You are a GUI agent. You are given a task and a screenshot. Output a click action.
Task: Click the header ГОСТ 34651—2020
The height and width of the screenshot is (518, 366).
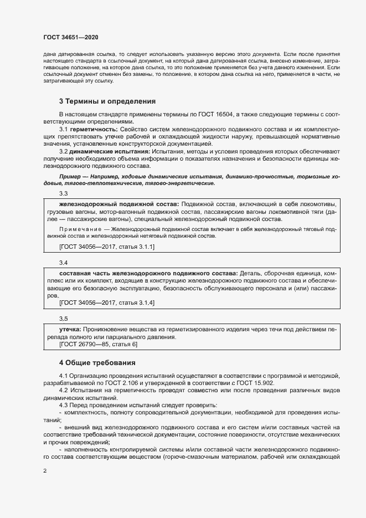coord(71,37)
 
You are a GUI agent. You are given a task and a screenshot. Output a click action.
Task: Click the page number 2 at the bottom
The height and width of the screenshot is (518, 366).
coord(44,471)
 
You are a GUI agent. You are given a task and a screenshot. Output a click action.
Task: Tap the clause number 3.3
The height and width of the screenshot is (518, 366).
coord(63,193)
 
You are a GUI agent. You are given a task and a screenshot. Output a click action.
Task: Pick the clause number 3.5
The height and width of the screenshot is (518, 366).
coord(63,319)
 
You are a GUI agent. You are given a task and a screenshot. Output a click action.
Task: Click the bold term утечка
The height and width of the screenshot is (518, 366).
coord(69,329)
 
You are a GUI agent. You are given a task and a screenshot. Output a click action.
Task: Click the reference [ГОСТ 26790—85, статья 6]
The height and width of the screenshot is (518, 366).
coord(98,345)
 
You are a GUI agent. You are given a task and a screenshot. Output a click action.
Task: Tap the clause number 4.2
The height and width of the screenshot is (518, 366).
coord(64,391)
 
